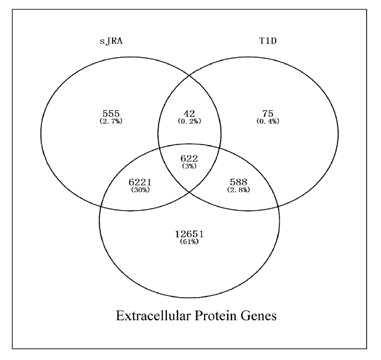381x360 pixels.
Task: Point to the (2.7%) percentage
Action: (x=110, y=122)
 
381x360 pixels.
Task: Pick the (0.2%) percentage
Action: (x=189, y=122)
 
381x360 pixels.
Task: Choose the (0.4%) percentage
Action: (x=268, y=122)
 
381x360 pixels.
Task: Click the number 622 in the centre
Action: (x=189, y=159)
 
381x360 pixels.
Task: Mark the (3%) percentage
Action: (x=189, y=167)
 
